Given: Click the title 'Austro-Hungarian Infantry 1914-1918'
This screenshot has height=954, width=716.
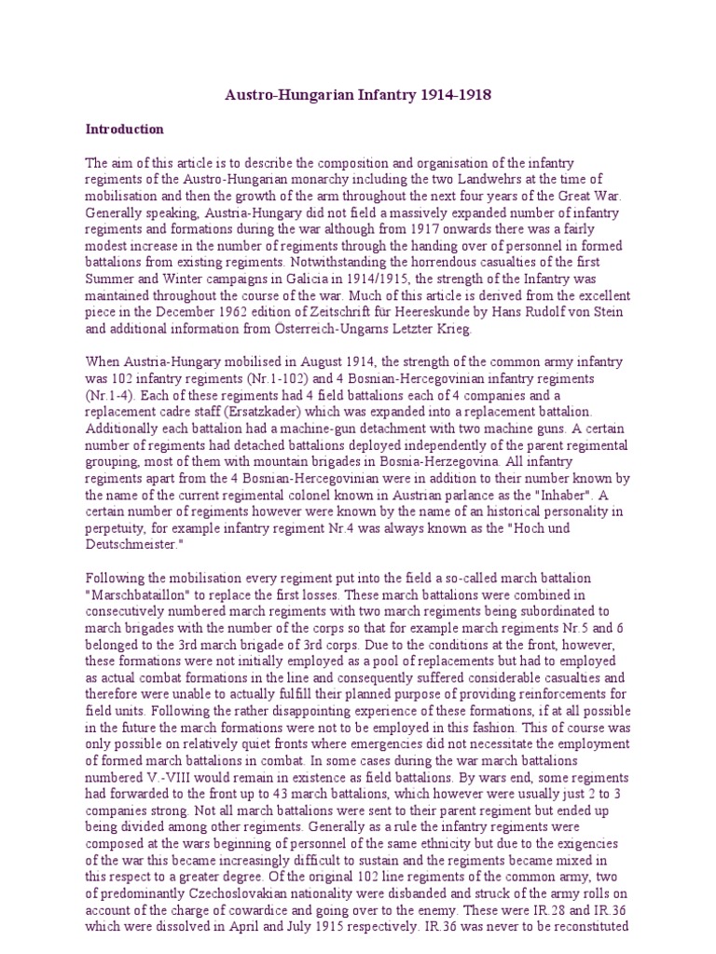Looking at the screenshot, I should (360, 95).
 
